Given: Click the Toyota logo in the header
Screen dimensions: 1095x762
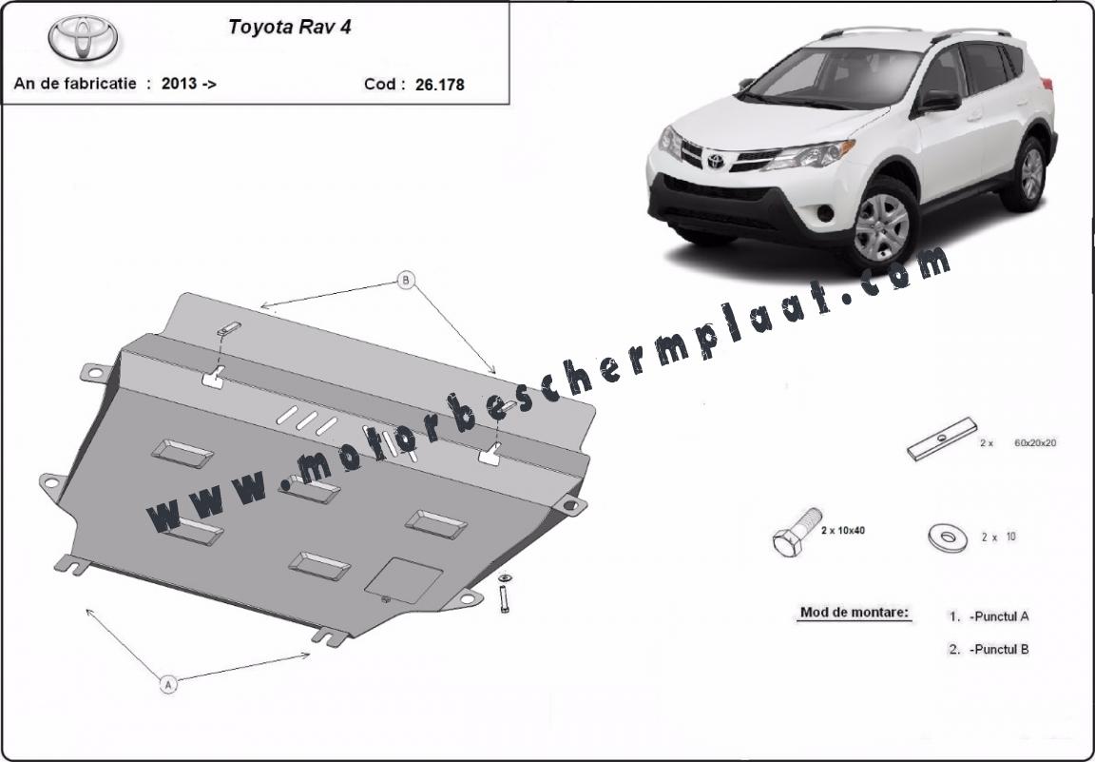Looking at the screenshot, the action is click(83, 38).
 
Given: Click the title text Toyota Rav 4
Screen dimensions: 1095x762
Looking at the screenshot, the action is click(290, 27).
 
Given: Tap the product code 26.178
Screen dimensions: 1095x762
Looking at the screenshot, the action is click(439, 85).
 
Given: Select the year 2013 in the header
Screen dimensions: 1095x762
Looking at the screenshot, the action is click(179, 83).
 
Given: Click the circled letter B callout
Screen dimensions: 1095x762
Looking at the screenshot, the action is click(406, 281).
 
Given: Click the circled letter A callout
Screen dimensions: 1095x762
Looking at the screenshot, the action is click(167, 684).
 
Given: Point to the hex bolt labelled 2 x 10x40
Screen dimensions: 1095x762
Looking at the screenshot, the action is click(797, 532).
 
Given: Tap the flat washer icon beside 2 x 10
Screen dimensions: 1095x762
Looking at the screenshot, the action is click(948, 537).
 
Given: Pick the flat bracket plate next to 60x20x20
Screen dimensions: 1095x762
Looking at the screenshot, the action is click(942, 439).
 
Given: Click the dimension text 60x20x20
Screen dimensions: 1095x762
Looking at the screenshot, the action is click(1035, 442).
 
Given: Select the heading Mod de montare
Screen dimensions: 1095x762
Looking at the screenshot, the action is click(855, 613).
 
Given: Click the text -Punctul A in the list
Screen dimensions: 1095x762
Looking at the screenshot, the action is click(999, 616).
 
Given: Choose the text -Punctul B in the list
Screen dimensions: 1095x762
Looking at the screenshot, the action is click(999, 650).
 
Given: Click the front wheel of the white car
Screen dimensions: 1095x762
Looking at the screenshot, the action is click(882, 225).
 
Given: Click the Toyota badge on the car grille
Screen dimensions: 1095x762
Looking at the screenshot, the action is click(715, 161).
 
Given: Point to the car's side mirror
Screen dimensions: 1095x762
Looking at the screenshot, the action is click(937, 102).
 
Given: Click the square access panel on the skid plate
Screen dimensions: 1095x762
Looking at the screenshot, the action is click(404, 580).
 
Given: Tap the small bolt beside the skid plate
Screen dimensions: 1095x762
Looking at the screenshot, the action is click(504, 594).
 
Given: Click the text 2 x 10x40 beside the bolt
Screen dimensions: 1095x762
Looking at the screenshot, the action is click(843, 531).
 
